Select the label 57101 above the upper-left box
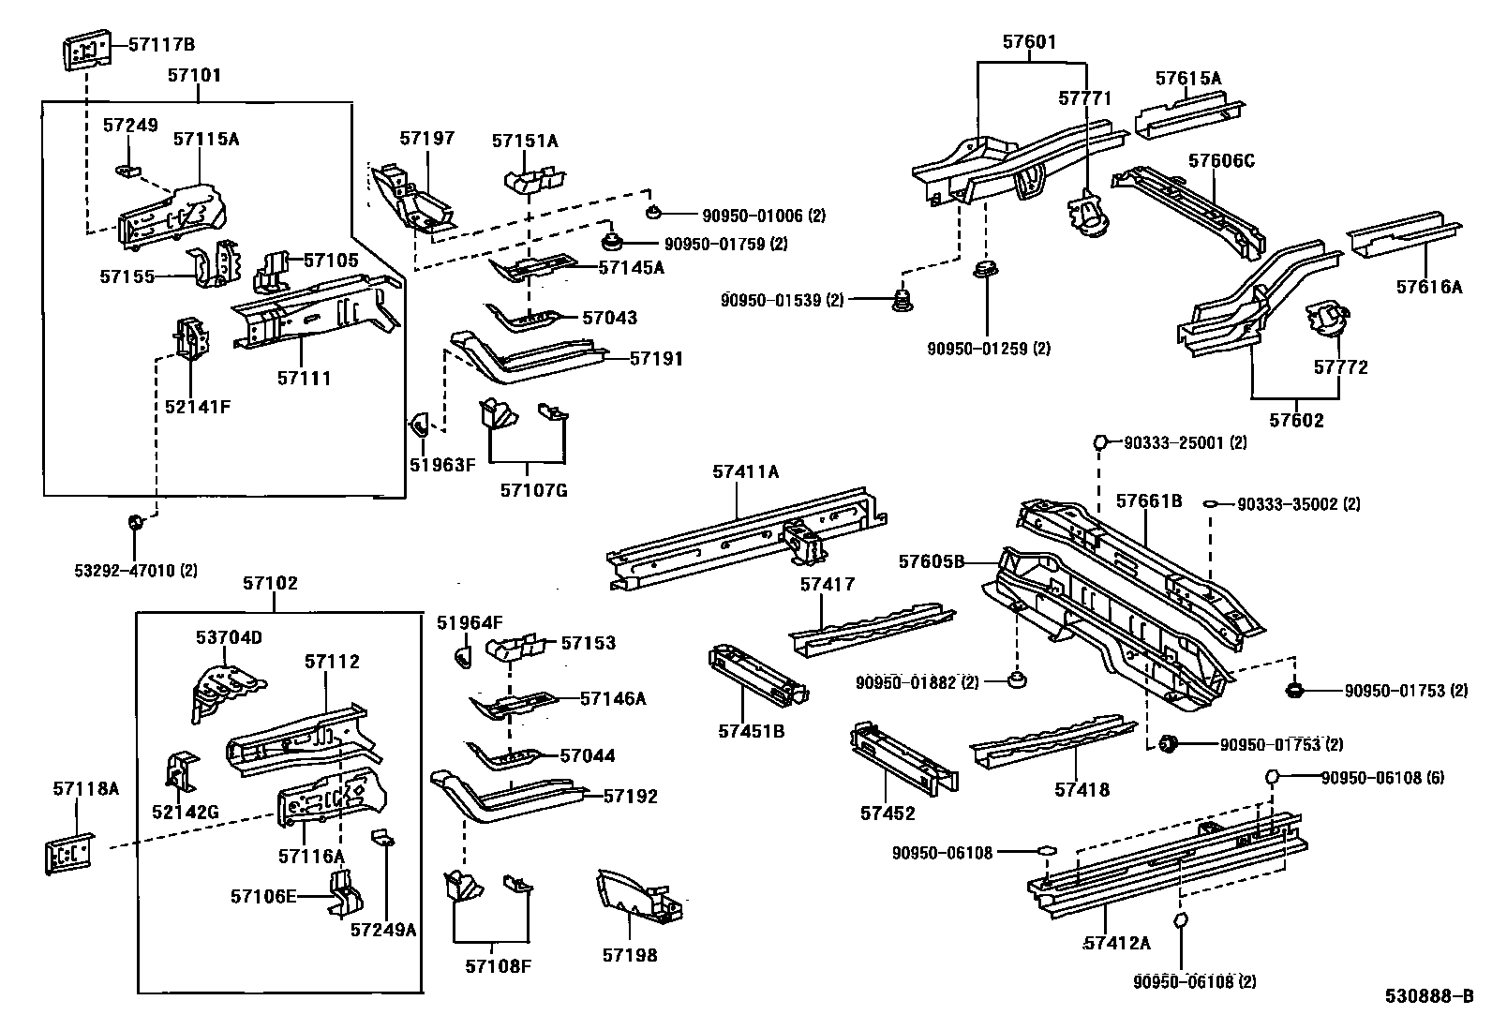195,75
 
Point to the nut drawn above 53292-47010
135,520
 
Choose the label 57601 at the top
1029,42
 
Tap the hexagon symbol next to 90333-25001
1102,442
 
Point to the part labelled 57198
641,898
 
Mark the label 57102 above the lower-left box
270,583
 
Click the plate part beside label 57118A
69,853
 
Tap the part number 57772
1340,367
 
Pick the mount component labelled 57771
1087,214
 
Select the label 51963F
442,463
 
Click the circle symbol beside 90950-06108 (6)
1273,777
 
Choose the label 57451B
752,731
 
